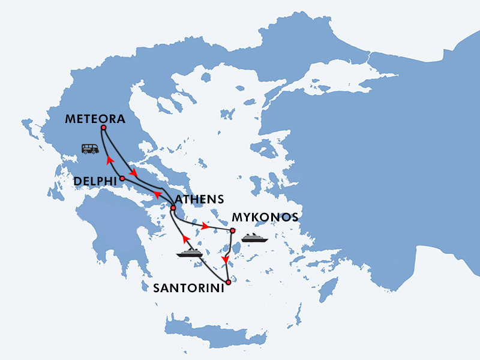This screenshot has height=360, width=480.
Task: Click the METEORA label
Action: [95, 119]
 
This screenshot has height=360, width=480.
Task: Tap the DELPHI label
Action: [95, 181]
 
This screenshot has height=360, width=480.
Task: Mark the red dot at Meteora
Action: [104, 128]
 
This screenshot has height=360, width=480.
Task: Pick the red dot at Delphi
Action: [122, 178]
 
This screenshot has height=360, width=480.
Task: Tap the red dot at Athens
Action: [173, 208]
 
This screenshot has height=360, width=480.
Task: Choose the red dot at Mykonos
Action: [232, 230]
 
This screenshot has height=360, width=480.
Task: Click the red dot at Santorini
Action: [228, 281]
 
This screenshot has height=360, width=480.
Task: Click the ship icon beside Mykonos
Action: [254, 237]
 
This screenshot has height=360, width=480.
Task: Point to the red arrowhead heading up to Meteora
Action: [109, 160]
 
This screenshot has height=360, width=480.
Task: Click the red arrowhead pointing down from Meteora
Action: [134, 173]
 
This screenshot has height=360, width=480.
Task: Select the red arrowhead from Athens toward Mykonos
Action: [206, 227]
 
